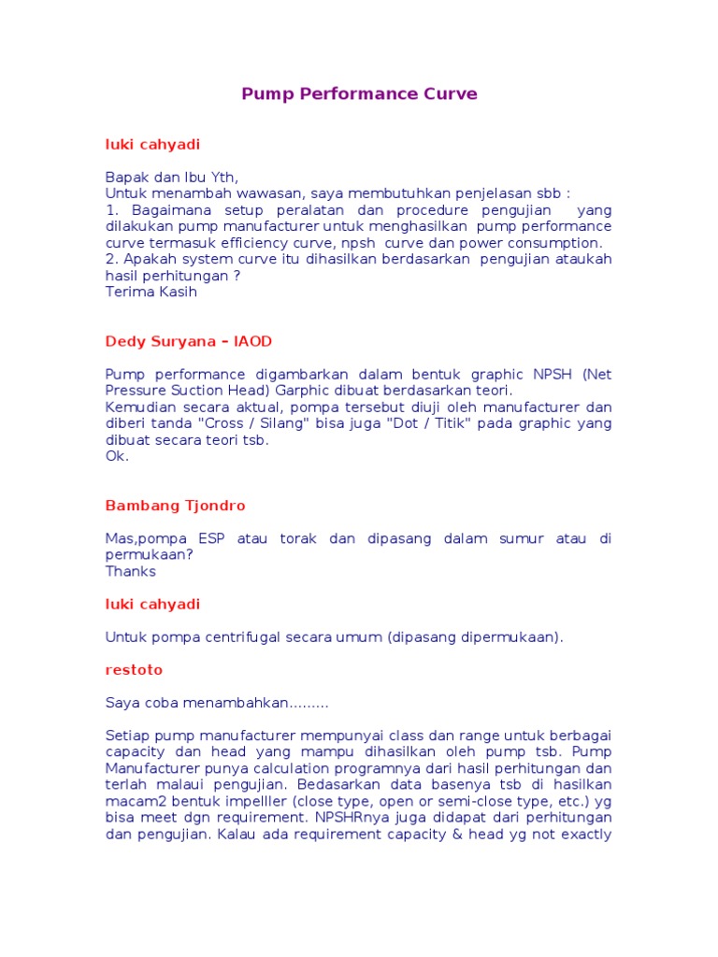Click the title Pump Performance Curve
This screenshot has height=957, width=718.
(359, 93)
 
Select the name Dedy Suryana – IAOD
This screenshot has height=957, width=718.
(189, 342)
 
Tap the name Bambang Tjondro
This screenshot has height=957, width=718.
(175, 506)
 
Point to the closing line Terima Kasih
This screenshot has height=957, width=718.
(151, 292)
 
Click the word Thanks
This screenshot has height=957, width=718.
(130, 571)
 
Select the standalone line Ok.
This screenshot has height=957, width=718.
(117, 456)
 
